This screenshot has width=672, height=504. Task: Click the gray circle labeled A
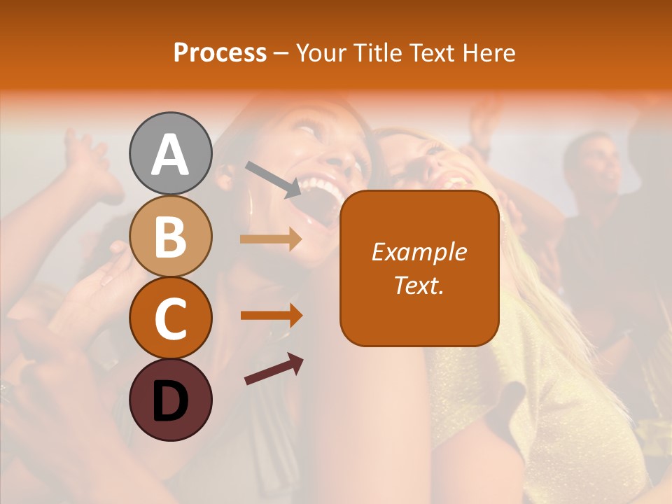pyautogui.click(x=170, y=153)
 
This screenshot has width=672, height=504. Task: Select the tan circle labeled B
pyautogui.click(x=170, y=236)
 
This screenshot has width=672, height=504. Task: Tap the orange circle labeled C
pyautogui.click(x=170, y=318)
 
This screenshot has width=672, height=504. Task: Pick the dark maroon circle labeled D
pyautogui.click(x=170, y=400)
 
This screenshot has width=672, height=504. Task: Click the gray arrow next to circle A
pyautogui.click(x=273, y=179)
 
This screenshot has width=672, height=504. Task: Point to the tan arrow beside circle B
pyautogui.click(x=271, y=239)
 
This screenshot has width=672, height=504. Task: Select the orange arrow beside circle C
pyautogui.click(x=271, y=315)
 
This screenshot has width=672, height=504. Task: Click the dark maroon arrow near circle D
pyautogui.click(x=274, y=370)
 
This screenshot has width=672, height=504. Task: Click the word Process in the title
pyautogui.click(x=220, y=53)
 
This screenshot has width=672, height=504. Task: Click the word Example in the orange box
pyautogui.click(x=419, y=252)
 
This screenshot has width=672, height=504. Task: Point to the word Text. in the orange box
pyautogui.click(x=419, y=285)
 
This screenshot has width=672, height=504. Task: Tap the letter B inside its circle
pyautogui.click(x=170, y=237)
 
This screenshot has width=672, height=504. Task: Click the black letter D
pyautogui.click(x=170, y=400)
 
